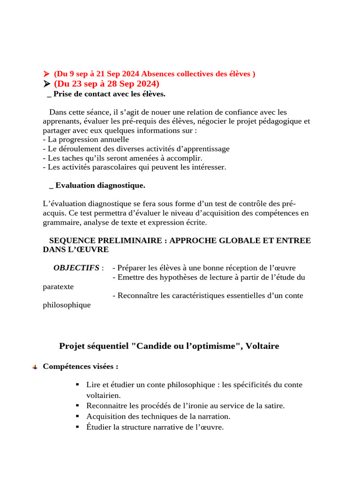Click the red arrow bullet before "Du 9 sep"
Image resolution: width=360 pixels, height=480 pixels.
[x=46, y=74]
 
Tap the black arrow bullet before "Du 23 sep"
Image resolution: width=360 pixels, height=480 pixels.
[x=46, y=84]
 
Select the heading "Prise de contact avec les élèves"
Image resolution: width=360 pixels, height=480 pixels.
[x=109, y=94]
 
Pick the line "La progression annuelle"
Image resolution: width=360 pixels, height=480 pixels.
[x=86, y=140]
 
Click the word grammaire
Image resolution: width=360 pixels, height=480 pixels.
[x=60, y=222]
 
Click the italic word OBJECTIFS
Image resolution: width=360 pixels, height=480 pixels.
[x=76, y=268]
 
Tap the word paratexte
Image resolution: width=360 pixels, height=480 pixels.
[x=58, y=286]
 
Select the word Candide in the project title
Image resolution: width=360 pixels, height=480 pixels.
[x=150, y=346]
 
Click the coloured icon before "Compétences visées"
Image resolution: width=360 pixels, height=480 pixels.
[x=35, y=367]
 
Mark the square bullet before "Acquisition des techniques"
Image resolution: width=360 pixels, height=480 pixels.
[x=77, y=416]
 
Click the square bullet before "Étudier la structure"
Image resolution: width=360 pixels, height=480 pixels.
[x=77, y=427]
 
